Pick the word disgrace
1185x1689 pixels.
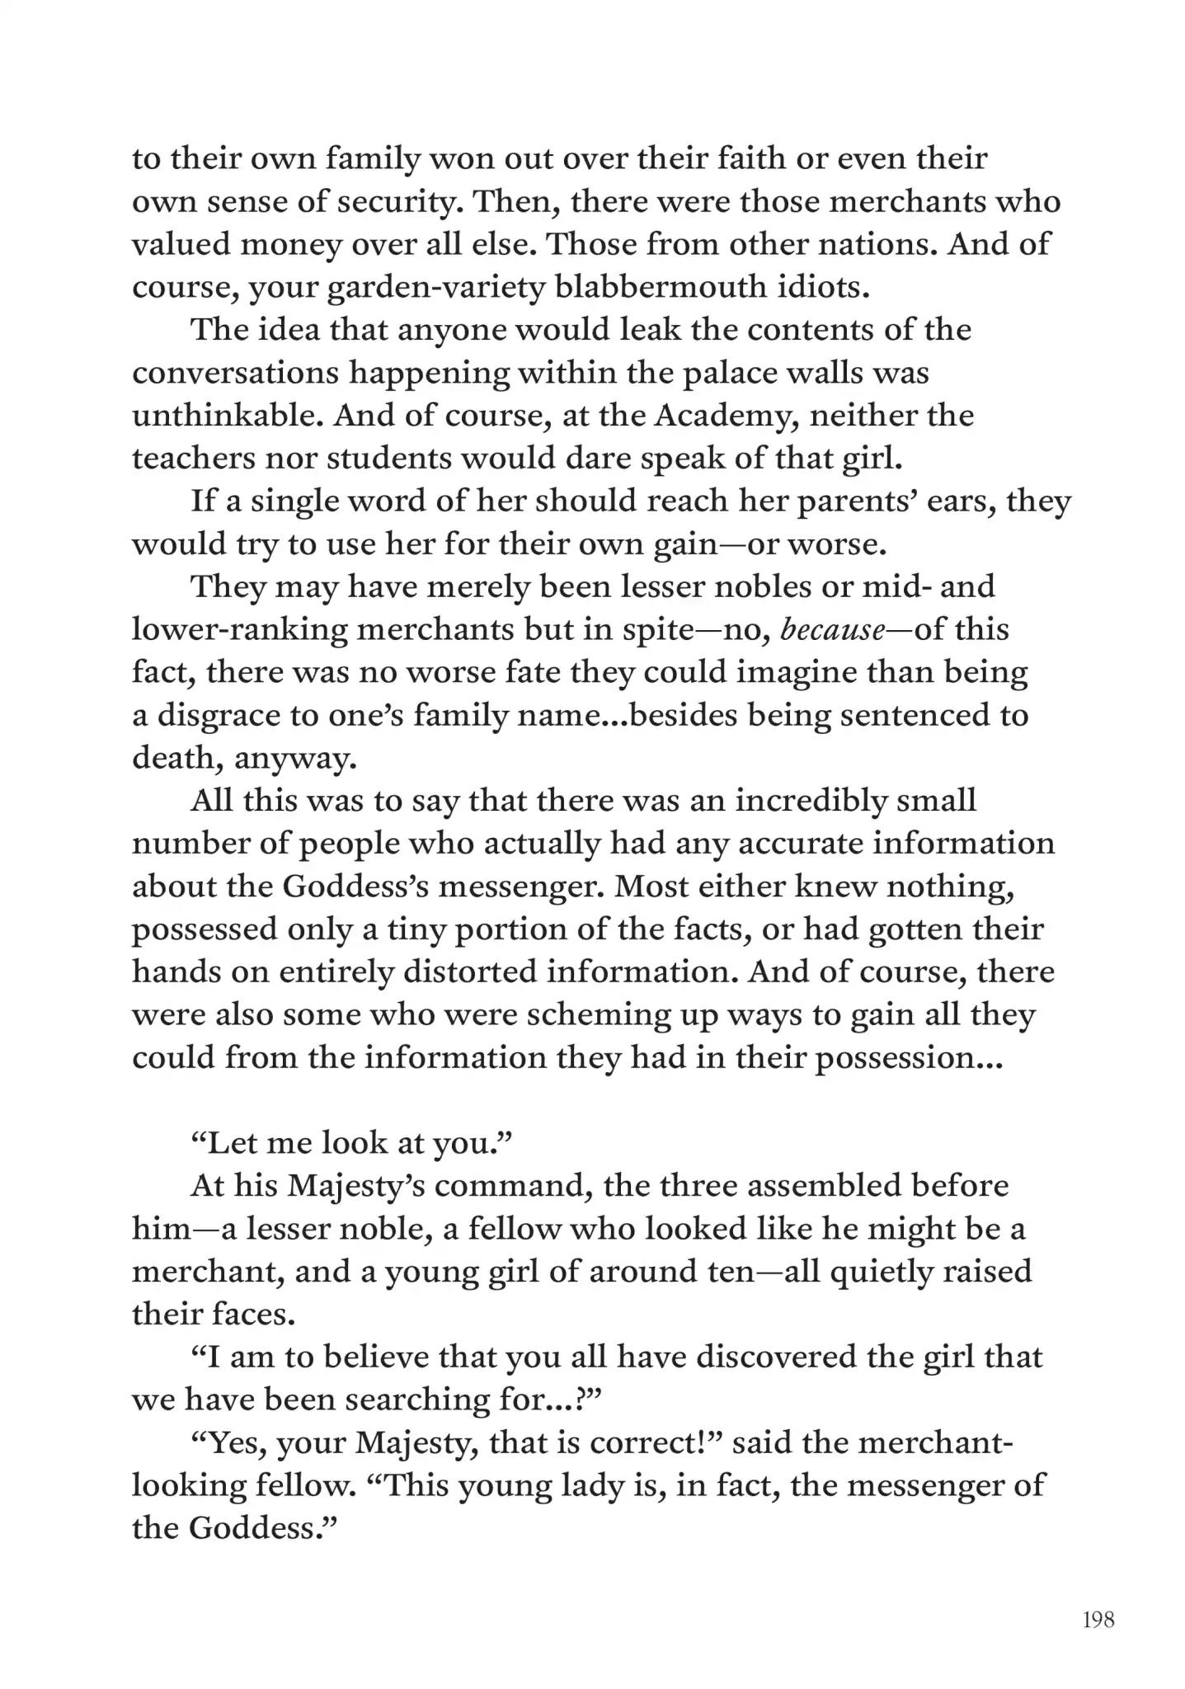[217, 715]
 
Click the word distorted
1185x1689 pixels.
[470, 972]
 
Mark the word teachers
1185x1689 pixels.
[193, 458]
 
